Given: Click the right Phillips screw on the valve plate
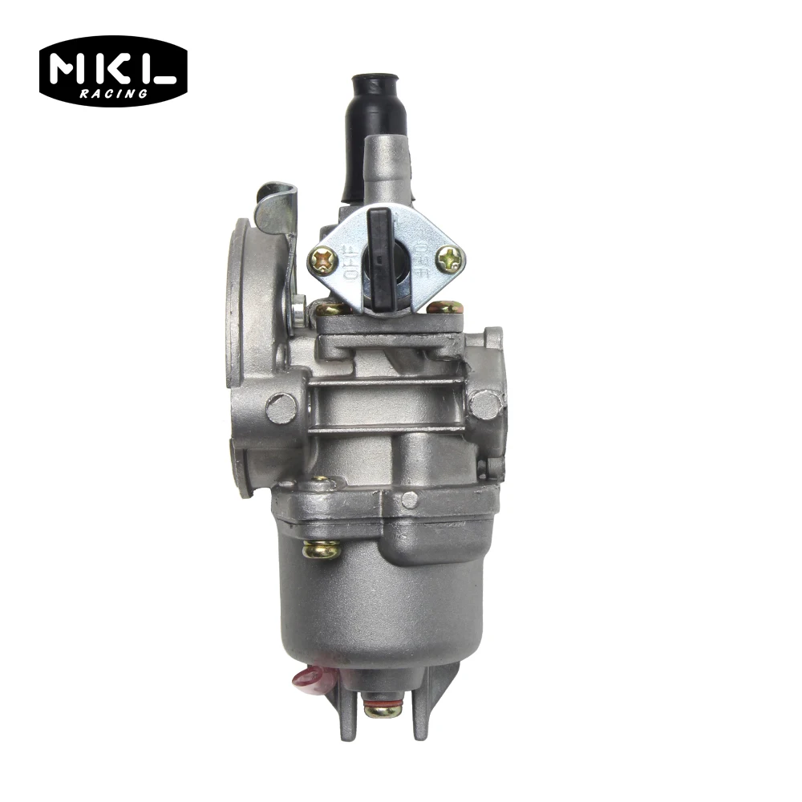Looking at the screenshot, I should [450, 257].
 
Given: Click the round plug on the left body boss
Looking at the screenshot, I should [281, 409].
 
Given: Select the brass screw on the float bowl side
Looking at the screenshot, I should [321, 549].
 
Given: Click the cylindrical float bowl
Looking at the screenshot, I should [369, 601].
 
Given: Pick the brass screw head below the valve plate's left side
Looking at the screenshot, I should [330, 309].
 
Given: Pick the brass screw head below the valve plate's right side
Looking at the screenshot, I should [444, 307].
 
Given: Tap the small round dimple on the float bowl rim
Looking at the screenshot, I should [410, 500].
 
